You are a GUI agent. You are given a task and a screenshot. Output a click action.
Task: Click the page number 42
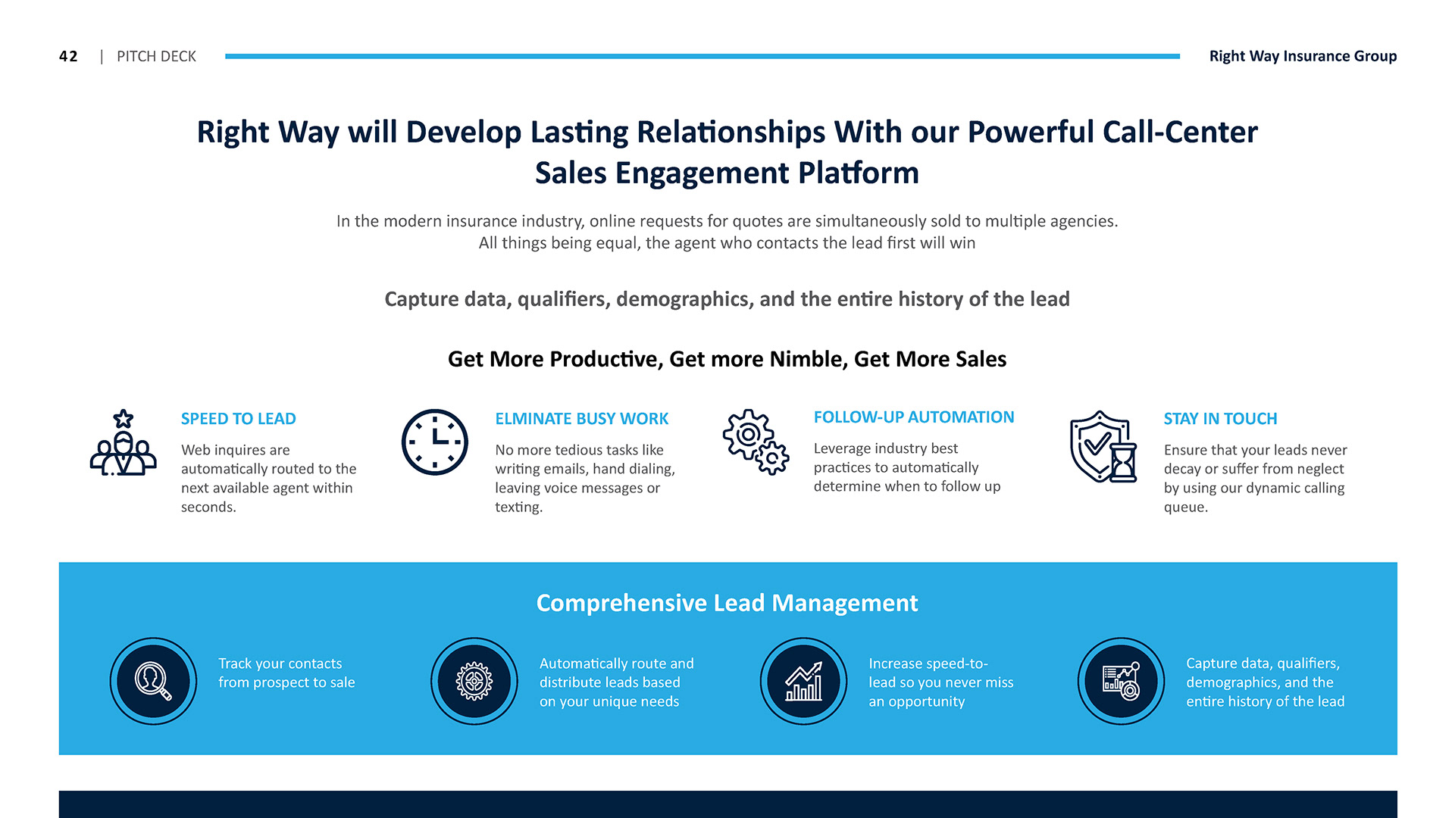click(68, 56)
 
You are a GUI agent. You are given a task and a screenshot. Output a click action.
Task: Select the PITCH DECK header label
click(156, 56)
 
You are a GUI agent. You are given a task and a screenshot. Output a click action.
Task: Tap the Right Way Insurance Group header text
click(1303, 56)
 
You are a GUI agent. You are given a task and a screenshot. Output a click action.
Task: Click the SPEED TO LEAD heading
click(238, 419)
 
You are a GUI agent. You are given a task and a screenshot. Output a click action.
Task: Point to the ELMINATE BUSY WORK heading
click(581, 419)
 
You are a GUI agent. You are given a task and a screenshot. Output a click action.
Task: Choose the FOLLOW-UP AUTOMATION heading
click(913, 417)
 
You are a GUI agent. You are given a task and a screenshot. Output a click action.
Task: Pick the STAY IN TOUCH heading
click(1220, 419)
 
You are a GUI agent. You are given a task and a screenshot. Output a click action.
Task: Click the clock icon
click(435, 442)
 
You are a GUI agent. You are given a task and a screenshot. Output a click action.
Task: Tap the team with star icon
click(124, 443)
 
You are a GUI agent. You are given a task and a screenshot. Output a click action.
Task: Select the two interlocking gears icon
click(756, 442)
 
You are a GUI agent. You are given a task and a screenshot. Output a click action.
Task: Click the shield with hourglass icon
click(1103, 447)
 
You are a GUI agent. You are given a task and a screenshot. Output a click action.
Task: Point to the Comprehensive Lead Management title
click(727, 603)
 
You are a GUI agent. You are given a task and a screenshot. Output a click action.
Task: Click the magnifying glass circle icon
click(153, 681)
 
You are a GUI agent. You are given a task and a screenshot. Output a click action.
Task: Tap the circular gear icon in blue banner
click(474, 681)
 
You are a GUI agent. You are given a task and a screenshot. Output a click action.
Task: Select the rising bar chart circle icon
click(803, 681)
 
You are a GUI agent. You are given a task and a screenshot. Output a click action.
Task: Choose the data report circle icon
click(1121, 681)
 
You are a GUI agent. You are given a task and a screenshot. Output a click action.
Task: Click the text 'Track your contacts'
click(280, 663)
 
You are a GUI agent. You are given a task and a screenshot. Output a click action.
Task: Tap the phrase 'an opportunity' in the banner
click(916, 701)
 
